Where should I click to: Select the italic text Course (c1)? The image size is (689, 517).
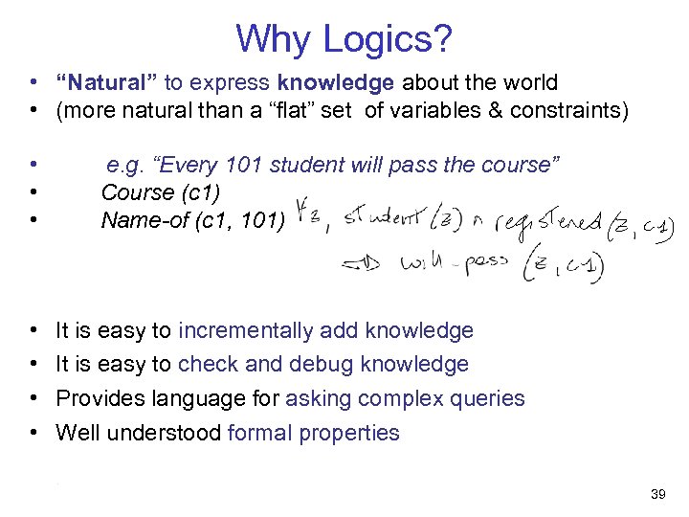(x=150, y=192)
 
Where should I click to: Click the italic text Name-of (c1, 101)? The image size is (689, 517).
(x=192, y=221)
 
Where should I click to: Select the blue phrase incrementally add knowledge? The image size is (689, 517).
(x=325, y=331)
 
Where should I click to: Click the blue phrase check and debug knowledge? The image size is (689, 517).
(x=323, y=365)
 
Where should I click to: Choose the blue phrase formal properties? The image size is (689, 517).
(x=313, y=433)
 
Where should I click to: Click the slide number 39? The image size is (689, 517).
(x=657, y=494)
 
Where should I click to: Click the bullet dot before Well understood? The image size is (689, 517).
(x=33, y=433)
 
